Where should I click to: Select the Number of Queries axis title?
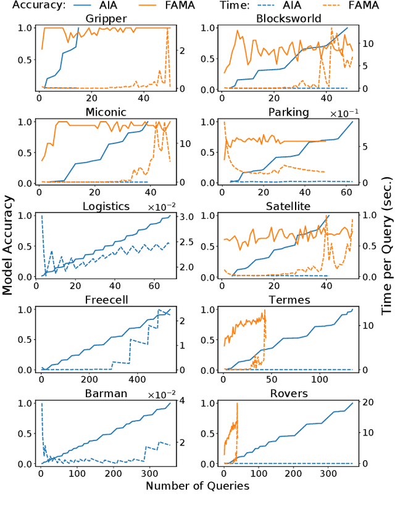coord(197,486)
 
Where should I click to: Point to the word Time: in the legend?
coord(210,5)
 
